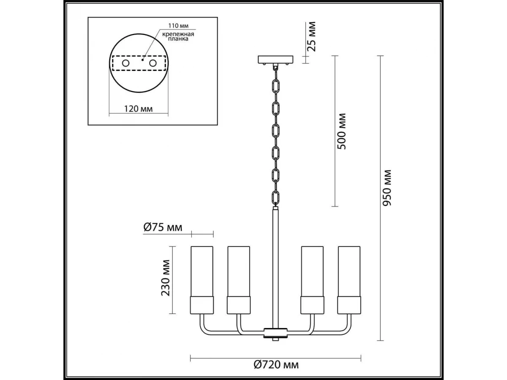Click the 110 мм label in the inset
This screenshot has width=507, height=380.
(x=178, y=25)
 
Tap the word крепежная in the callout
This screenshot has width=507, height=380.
(x=178, y=34)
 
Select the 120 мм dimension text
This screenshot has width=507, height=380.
(x=138, y=109)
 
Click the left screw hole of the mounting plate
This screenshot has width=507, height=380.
(x=125, y=63)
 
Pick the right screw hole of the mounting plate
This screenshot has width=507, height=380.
(x=153, y=63)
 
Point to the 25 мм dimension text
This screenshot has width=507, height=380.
(x=311, y=36)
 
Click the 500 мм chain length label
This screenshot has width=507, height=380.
(x=342, y=131)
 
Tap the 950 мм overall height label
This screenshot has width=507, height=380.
(x=387, y=188)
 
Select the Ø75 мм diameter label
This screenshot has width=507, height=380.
(x=163, y=228)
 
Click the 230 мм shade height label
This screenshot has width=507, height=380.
(x=165, y=278)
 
